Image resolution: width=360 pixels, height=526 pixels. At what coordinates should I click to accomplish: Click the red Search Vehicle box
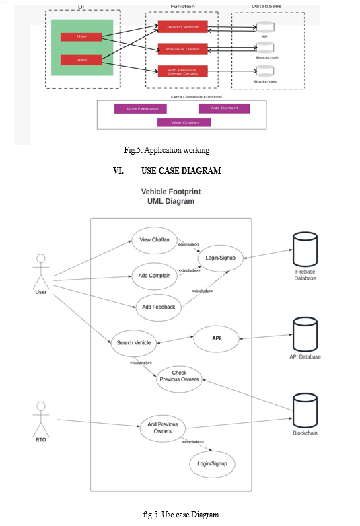[x=182, y=26]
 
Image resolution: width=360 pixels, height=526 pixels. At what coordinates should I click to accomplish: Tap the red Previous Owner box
[x=182, y=49]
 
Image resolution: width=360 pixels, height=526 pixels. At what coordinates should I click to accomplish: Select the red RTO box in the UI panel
[x=81, y=60]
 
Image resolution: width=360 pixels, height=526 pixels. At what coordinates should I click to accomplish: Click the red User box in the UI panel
[x=81, y=36]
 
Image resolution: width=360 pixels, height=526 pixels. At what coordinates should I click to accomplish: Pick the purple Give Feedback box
[x=140, y=108]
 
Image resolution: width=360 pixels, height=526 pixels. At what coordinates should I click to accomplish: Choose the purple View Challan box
[x=184, y=122]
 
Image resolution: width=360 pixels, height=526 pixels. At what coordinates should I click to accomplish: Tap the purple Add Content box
[x=224, y=108]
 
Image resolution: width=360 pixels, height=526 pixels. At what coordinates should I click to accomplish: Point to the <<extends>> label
[x=141, y=363]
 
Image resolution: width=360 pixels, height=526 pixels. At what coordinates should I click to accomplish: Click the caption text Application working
[x=177, y=150]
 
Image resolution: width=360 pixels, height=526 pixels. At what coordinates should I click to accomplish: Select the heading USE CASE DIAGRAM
[x=181, y=171]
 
